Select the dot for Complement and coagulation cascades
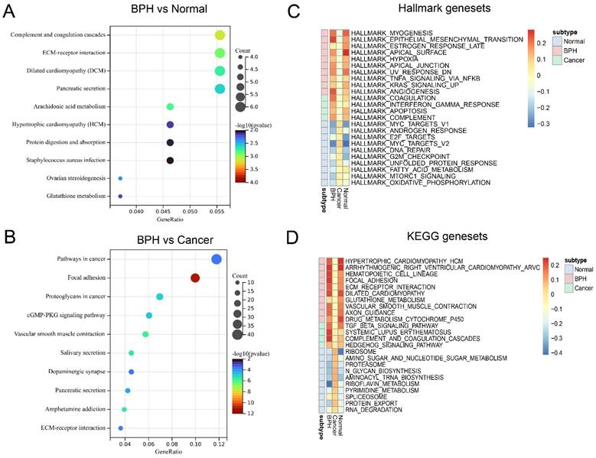[220, 35]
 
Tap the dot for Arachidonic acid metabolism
[170, 106]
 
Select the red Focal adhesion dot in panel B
[194, 278]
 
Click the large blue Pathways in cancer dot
[217, 260]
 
